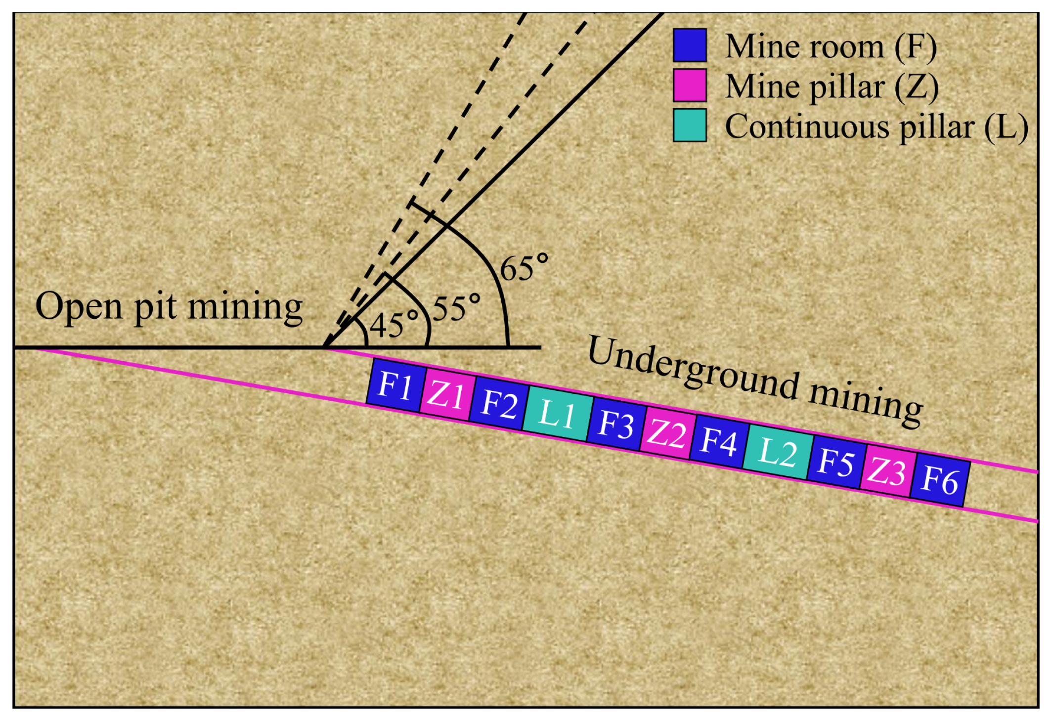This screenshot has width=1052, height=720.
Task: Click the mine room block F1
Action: [396, 385]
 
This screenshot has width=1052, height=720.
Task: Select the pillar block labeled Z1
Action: [447, 395]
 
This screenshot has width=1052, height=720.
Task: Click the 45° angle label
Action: [394, 326]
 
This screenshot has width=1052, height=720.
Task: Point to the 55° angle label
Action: [456, 309]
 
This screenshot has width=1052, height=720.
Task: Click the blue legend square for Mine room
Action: [690, 45]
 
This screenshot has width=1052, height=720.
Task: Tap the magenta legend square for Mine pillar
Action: [690, 85]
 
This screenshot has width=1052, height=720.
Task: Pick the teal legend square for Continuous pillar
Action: [690, 126]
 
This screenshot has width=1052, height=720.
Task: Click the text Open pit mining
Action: [169, 306]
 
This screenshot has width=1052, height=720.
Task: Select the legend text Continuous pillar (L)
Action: [876, 127]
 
